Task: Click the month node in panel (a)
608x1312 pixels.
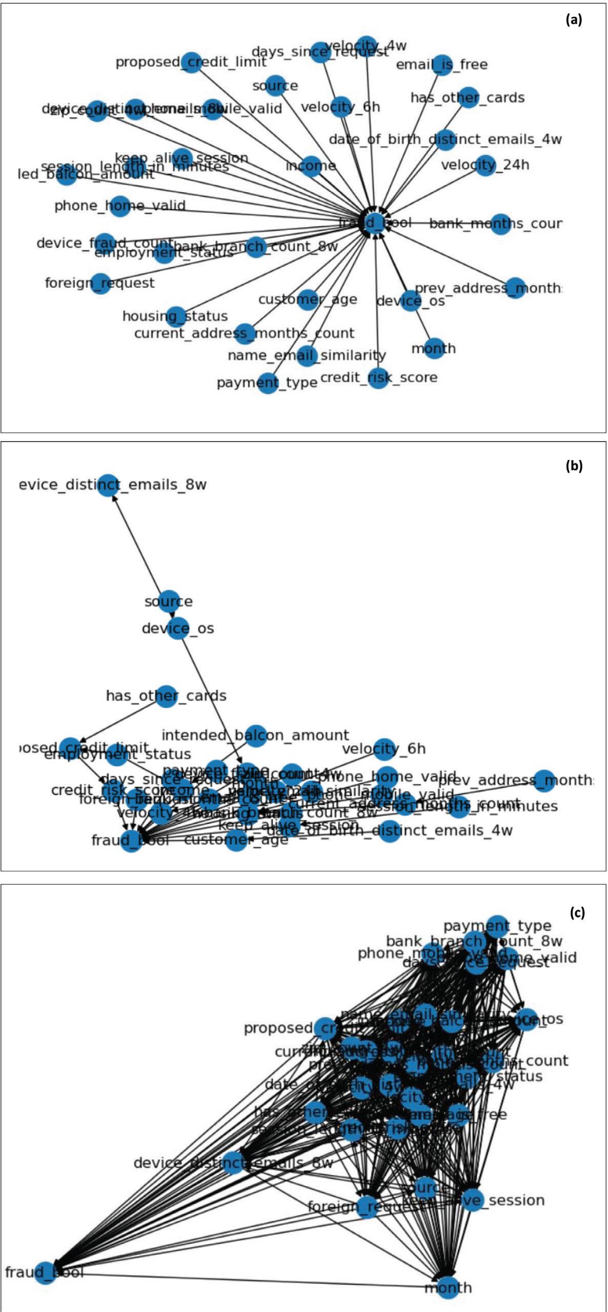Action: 434,348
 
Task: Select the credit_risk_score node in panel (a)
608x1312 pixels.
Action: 378,378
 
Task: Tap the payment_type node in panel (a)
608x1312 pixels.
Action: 267,383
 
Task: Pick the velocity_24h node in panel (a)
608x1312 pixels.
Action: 485,165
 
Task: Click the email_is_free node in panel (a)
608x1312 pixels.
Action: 441,65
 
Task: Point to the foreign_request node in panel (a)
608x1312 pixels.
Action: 100,283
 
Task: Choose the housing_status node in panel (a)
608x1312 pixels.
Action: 175,316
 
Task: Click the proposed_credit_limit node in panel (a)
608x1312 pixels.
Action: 191,62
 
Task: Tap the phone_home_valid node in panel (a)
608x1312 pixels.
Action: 119,206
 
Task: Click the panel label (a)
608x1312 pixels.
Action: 574,20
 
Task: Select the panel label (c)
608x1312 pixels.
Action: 577,913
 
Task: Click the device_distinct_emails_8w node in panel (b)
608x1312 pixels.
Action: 108,485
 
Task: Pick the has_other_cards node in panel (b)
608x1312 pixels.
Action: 166,696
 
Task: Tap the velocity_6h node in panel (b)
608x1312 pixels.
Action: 384,749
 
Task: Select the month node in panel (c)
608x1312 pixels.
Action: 448,1288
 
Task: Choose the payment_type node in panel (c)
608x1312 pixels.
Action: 497,926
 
